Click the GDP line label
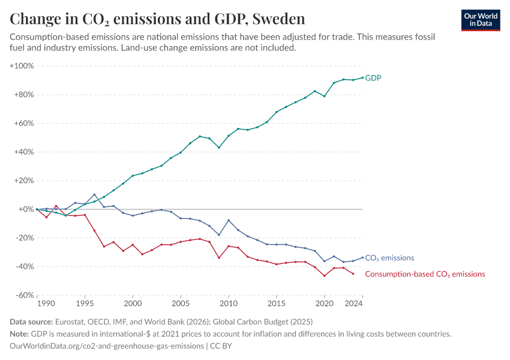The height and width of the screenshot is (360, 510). pyautogui.click(x=373, y=78)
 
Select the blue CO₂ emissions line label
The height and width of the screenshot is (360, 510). pyautogui.click(x=389, y=258)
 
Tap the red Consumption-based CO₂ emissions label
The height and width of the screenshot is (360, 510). pyautogui.click(x=425, y=274)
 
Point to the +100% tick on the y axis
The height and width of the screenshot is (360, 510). pyautogui.click(x=22, y=65)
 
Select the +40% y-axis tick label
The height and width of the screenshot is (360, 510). pyautogui.click(x=23, y=152)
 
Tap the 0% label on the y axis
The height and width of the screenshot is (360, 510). pyautogui.click(x=26, y=209)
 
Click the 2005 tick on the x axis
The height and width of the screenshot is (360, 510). pyautogui.click(x=181, y=304)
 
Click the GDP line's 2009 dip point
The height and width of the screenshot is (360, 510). pyautogui.click(x=219, y=148)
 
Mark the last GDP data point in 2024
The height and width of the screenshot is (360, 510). pyautogui.click(x=362, y=77)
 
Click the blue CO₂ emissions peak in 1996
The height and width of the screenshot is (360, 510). pyautogui.click(x=94, y=194)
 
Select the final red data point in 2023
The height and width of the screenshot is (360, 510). pyautogui.click(x=353, y=274)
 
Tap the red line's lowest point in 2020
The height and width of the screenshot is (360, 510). pyautogui.click(x=325, y=275)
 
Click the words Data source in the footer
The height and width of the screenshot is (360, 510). pyautogui.click(x=32, y=322)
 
